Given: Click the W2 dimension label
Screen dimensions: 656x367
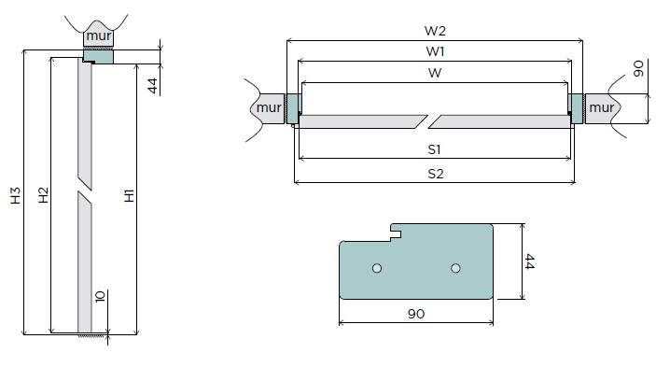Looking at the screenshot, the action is [435, 31].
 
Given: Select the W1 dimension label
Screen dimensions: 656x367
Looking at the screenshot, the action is [435, 51].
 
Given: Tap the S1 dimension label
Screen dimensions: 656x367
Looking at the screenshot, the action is [434, 149].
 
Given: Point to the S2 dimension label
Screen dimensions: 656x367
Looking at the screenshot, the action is [435, 174].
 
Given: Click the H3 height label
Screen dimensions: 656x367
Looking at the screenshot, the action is [16, 195].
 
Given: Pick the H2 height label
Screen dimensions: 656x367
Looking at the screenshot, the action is [44, 195].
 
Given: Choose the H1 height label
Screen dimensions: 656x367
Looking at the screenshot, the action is [130, 195].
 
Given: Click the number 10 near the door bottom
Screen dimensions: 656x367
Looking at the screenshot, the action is [100, 297].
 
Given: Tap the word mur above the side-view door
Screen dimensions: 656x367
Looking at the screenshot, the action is [99, 36].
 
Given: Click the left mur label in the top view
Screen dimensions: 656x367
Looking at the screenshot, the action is [269, 107].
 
